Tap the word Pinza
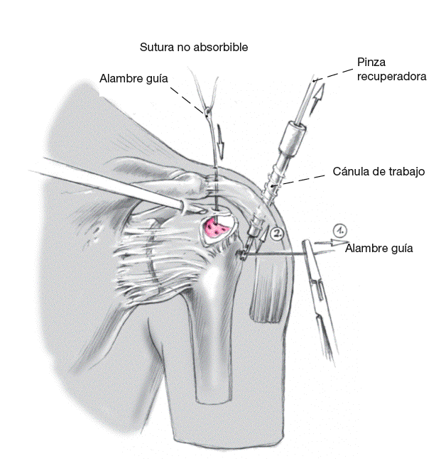[x=371, y=63]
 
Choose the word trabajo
[x=405, y=172]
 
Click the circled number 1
[x=340, y=231]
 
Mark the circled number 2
[x=277, y=232]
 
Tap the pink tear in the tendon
[x=214, y=229]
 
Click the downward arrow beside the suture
[x=220, y=146]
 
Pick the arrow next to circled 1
[x=326, y=243]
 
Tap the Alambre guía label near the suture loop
[x=134, y=78]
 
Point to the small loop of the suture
[x=206, y=112]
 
